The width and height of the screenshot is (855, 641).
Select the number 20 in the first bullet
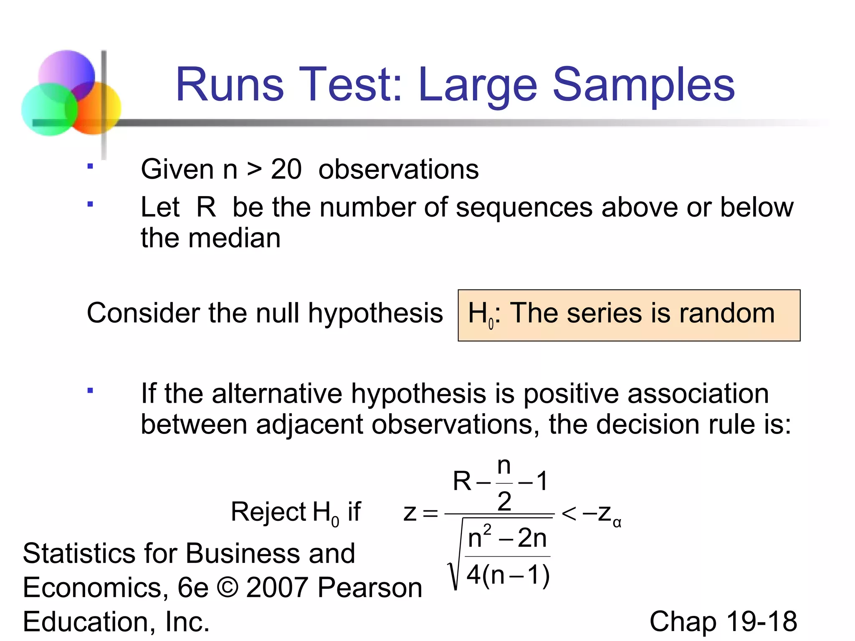click(286, 169)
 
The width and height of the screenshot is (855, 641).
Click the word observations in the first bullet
click(398, 169)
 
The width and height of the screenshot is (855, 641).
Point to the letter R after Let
click(206, 207)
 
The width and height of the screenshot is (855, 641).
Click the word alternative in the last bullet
click(277, 394)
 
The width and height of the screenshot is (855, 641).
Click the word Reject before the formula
click(268, 512)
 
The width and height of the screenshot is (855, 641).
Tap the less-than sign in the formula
click(569, 513)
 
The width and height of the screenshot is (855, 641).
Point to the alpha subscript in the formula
click(617, 522)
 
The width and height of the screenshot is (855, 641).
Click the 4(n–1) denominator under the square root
click(508, 575)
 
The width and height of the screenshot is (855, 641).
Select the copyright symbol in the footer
click(228, 588)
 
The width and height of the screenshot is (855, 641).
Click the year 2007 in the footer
click(277, 588)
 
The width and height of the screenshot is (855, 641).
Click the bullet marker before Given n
click(90, 166)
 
